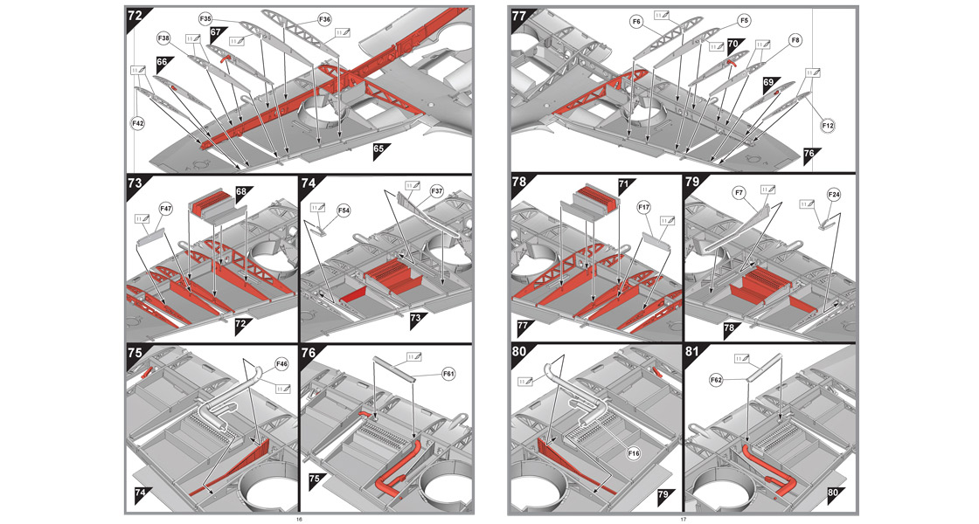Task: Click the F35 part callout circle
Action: [205, 18]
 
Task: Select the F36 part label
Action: [300, 18]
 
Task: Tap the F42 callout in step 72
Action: [138, 124]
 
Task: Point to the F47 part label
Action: [166, 209]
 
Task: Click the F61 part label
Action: [448, 374]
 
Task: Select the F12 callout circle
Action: [829, 127]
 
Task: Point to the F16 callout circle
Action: [634, 454]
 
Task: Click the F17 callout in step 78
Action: [644, 207]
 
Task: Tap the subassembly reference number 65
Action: [380, 149]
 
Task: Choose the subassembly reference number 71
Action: [624, 185]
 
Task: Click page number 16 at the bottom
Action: [299, 520]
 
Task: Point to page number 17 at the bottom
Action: [683, 520]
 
